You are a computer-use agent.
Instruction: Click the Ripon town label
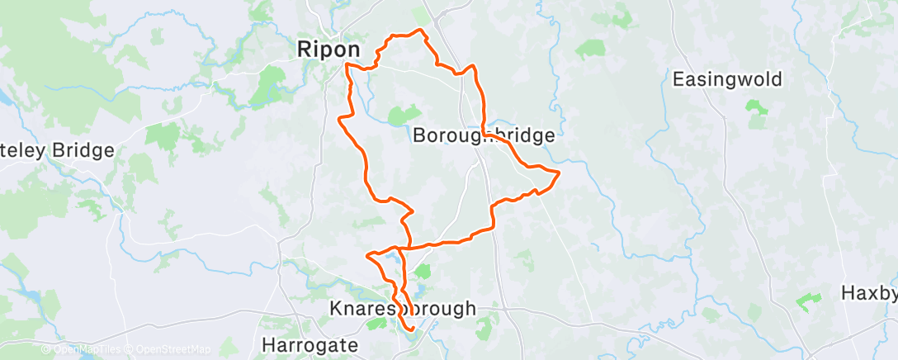click(x=328, y=50)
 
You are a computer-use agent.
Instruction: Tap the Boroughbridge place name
click(x=483, y=135)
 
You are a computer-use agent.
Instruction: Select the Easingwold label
click(x=727, y=80)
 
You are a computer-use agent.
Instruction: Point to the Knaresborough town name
click(x=403, y=309)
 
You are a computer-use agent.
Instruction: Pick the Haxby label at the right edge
click(x=869, y=293)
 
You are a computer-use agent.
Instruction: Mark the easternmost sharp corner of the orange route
click(x=560, y=172)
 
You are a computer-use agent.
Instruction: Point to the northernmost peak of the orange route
click(x=420, y=31)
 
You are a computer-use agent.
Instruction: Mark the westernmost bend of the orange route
click(x=339, y=119)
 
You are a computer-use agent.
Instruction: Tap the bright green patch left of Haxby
click(x=808, y=301)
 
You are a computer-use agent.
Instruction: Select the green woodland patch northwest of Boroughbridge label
click(x=404, y=115)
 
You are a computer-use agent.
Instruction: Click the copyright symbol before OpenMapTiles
click(x=47, y=350)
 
